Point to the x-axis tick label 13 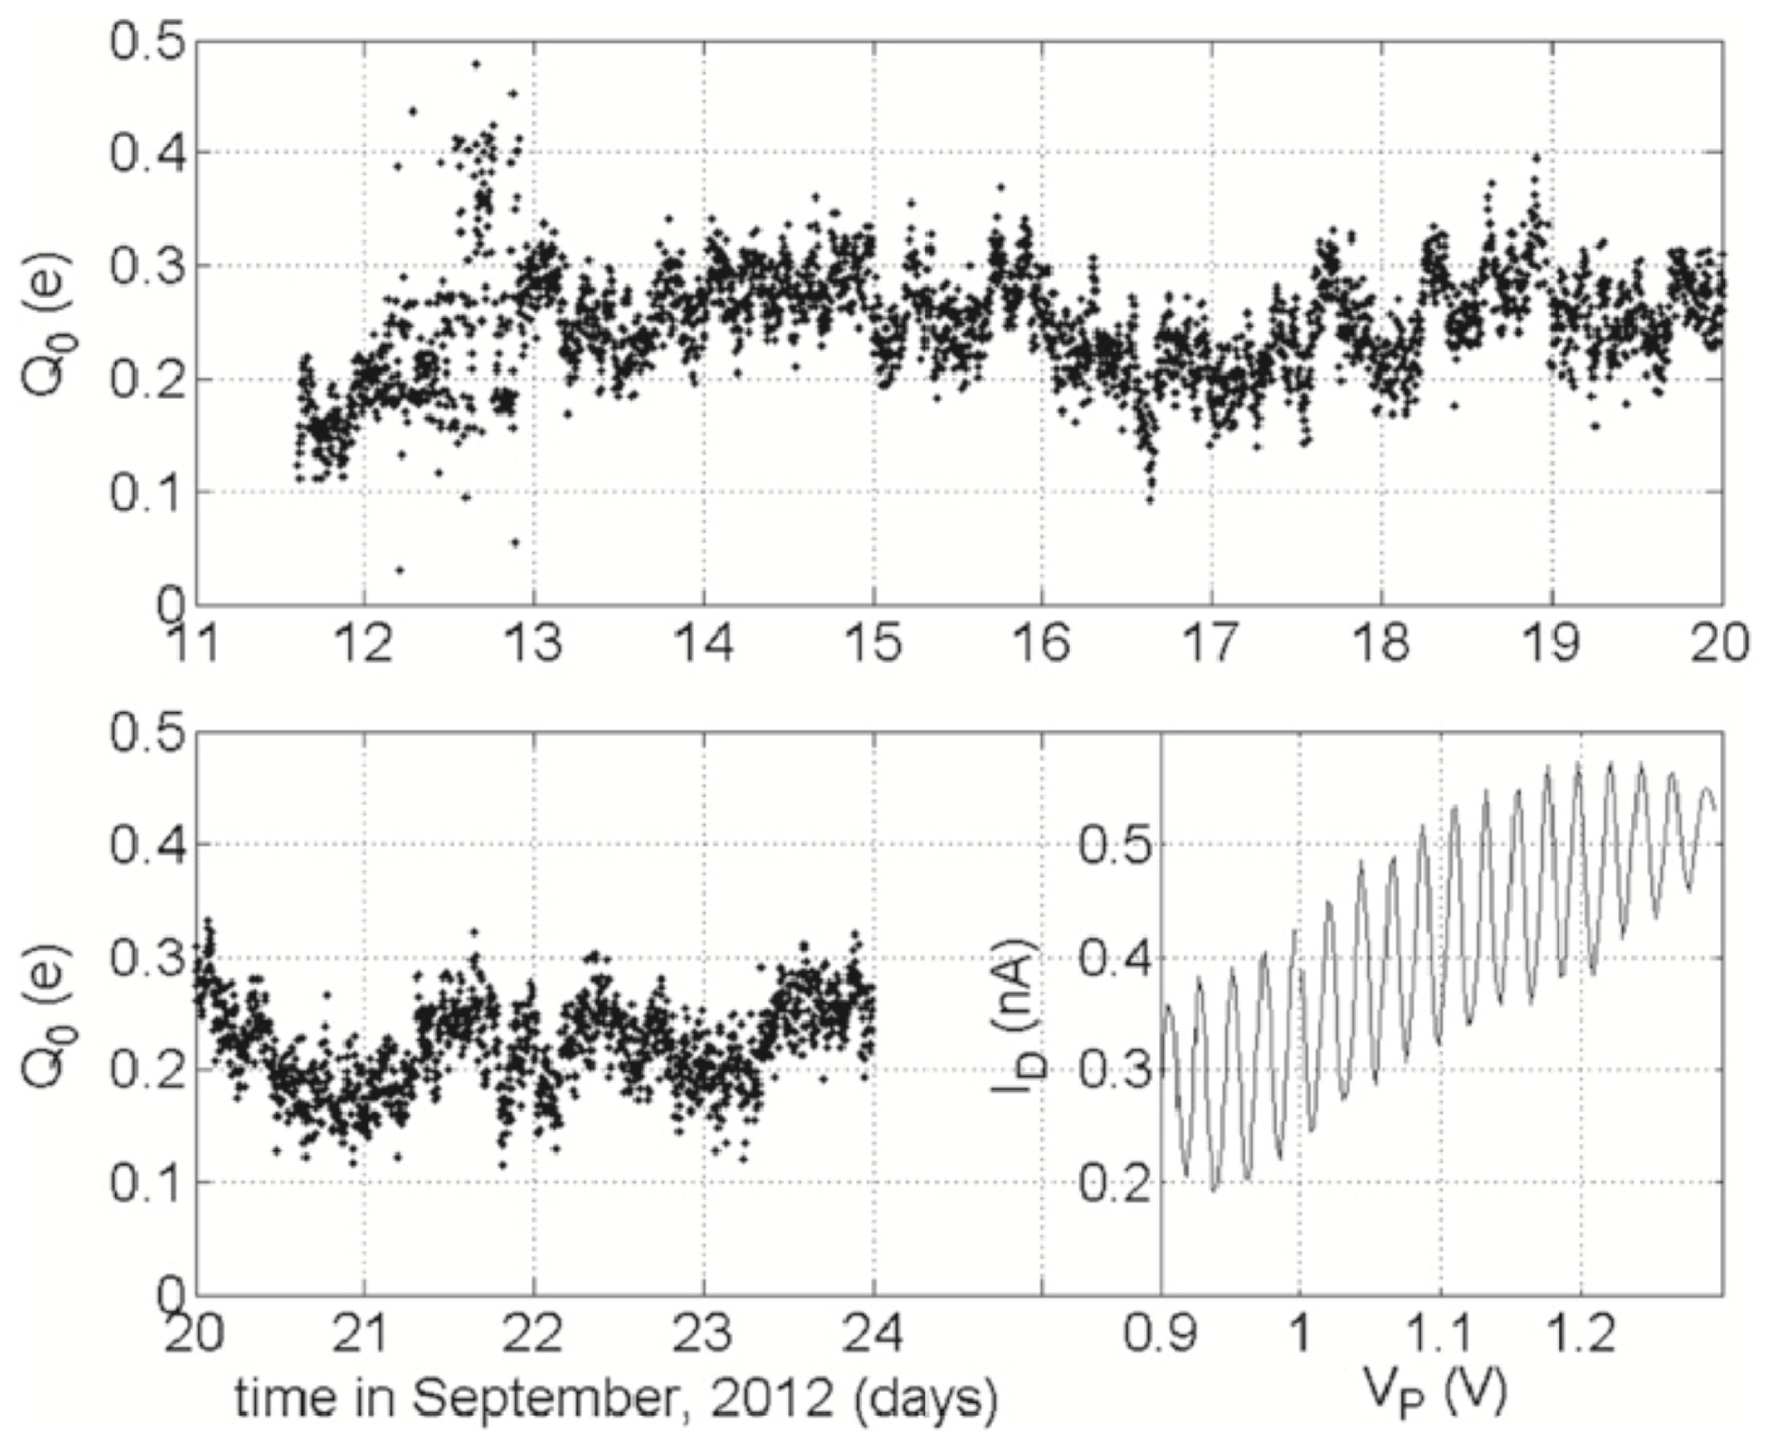click(534, 644)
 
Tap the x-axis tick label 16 click(1042, 644)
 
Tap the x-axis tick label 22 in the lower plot click(534, 1334)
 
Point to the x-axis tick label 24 click(873, 1334)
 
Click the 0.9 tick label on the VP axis click(1161, 1334)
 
